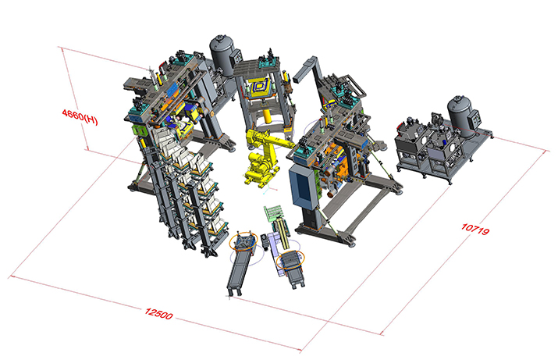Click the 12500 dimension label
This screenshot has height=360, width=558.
click(x=159, y=314)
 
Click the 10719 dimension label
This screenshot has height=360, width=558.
click(x=475, y=229)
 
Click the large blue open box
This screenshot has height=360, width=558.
click(x=302, y=186)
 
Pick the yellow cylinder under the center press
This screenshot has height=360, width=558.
click(x=266, y=117)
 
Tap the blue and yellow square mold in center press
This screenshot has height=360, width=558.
click(x=261, y=87)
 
